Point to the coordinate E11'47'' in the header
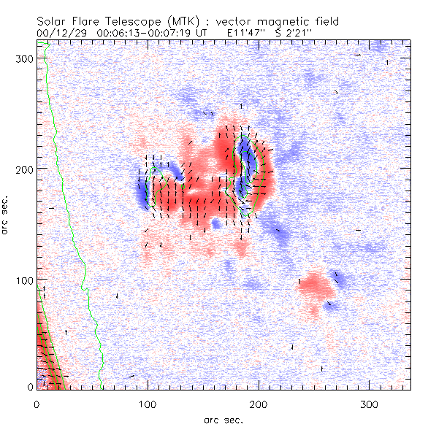click(247, 33)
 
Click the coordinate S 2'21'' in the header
click(297, 33)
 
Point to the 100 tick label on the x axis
click(148, 404)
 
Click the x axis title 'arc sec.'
click(223, 420)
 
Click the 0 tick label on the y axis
click(31, 387)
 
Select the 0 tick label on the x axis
click(37, 404)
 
